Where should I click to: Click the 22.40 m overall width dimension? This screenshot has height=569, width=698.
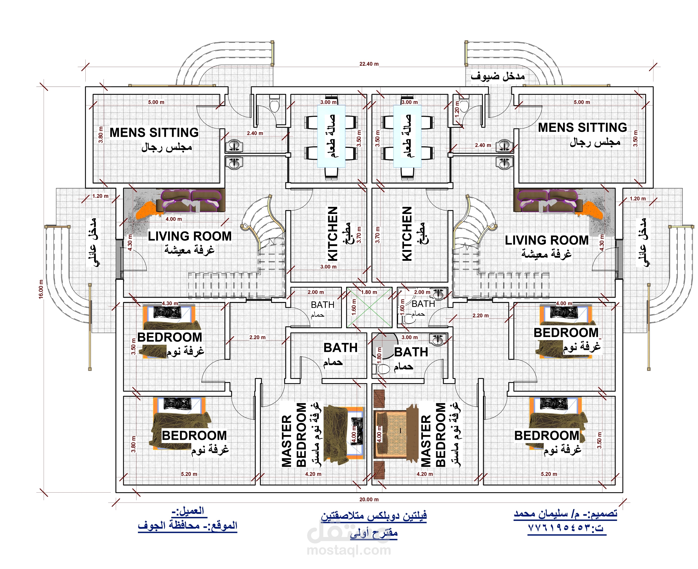click(x=369, y=64)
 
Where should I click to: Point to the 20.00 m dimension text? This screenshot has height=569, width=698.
click(x=369, y=499)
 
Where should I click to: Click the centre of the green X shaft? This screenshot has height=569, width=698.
click(x=369, y=307)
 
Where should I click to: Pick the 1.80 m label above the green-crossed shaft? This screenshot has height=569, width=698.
click(x=369, y=292)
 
